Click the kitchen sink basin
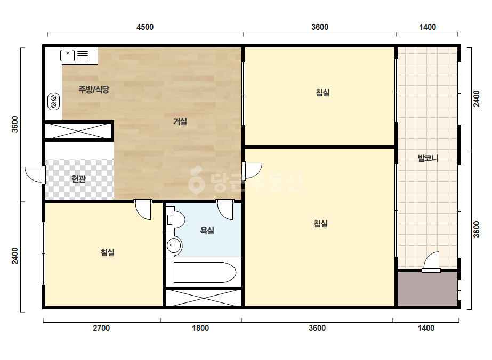(68, 55)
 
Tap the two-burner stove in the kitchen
(53, 101)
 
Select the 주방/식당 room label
(94, 89)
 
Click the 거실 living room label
(180, 121)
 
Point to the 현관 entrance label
(78, 179)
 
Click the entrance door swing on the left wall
(35, 175)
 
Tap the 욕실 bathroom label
(207, 231)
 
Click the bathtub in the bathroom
(205, 272)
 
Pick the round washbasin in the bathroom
(174, 245)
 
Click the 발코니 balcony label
(428, 158)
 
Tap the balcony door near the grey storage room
(431, 262)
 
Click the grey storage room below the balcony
(428, 289)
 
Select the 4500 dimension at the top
(145, 27)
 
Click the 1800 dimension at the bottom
(200, 328)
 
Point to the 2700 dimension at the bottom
(101, 328)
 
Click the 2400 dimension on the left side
(15, 256)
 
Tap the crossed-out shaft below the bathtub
(204, 298)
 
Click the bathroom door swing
(224, 209)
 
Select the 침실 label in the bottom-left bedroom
(108, 252)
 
